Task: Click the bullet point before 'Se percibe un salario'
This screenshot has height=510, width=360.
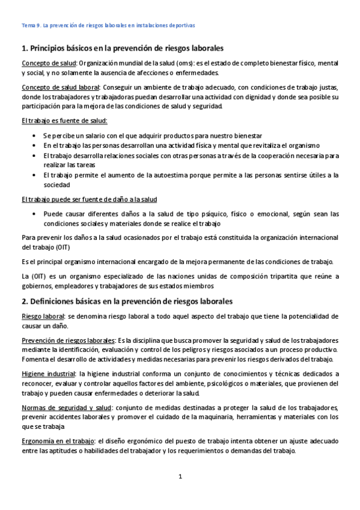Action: (36, 136)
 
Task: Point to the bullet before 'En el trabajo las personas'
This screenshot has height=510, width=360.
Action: (36, 146)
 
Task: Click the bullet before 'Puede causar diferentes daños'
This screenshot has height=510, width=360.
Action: (36, 214)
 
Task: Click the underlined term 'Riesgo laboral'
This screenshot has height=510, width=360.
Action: (43, 316)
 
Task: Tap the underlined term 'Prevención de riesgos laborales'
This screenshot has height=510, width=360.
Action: (69, 340)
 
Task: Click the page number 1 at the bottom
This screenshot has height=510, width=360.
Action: (180, 477)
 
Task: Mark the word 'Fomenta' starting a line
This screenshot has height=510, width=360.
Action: (35, 359)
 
